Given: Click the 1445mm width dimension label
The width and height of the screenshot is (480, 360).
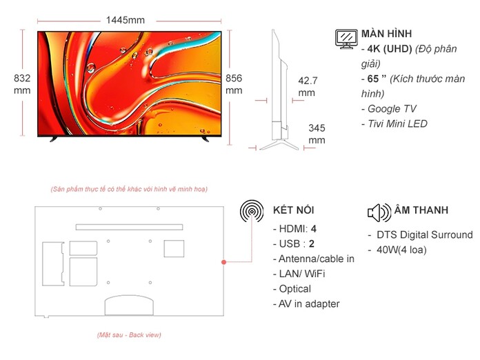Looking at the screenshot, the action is (126, 20).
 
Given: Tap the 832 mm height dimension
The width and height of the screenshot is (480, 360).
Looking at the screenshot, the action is (22, 84).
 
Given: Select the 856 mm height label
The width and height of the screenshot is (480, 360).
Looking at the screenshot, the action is (234, 84).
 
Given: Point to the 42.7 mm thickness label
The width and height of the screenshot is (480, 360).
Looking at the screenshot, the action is (308, 87).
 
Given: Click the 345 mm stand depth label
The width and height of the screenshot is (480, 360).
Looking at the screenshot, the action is (317, 134).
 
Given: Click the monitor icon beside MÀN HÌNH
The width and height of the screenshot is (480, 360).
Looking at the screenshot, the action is (346, 39).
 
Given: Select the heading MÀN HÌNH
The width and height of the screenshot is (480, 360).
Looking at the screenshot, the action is (386, 34).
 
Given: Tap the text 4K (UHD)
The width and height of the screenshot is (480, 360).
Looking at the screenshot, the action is (390, 49).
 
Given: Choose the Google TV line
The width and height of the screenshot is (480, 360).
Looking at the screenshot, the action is (389, 109).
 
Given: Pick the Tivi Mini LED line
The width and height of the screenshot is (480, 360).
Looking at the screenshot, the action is (394, 123).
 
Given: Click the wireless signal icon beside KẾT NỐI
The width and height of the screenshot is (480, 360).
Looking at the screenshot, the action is (252, 211).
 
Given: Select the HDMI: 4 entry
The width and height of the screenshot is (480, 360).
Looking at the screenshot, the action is (294, 229).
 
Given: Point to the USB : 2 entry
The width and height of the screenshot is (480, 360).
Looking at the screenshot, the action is (294, 243).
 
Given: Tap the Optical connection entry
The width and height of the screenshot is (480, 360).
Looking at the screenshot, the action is (292, 289).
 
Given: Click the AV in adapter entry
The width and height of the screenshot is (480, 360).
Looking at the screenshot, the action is (306, 304).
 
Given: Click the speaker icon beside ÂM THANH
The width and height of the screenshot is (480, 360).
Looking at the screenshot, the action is (379, 212).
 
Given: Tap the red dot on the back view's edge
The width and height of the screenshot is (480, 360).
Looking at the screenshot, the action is (223, 262).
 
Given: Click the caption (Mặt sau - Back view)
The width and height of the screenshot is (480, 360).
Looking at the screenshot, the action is (129, 335).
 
